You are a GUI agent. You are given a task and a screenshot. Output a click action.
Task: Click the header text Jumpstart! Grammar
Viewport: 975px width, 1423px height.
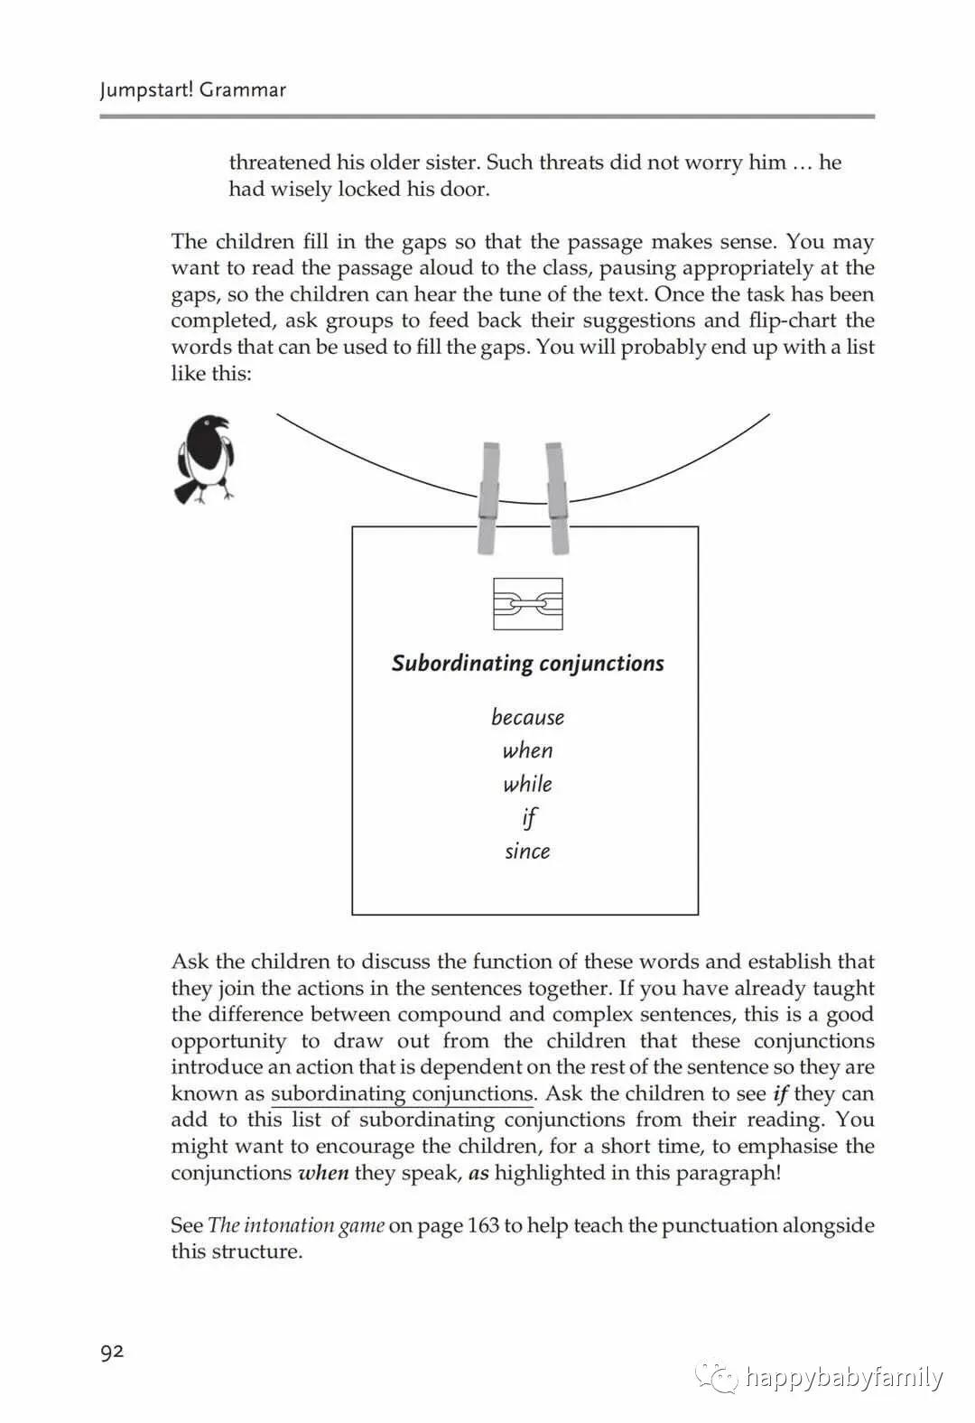tap(192, 90)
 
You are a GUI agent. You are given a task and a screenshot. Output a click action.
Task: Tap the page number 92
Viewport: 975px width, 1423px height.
tap(112, 1352)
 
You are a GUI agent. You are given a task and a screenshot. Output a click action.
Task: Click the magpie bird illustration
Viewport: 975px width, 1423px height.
tap(205, 459)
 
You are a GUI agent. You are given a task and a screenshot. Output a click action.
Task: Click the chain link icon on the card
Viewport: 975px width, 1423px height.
tap(528, 604)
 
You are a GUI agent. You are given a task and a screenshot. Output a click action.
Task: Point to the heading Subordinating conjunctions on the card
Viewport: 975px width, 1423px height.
tap(528, 664)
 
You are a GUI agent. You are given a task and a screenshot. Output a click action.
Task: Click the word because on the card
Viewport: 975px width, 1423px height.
tap(528, 718)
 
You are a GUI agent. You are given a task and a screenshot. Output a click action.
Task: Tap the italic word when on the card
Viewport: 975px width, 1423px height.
tap(528, 751)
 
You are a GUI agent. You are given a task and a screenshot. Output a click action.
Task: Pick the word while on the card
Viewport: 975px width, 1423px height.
tap(528, 785)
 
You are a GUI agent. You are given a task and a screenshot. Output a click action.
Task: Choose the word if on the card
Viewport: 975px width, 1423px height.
tap(529, 818)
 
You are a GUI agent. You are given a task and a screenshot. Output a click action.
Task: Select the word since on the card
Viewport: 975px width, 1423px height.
tap(528, 851)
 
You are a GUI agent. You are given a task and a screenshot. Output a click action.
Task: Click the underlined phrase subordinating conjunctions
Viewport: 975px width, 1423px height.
tap(403, 1094)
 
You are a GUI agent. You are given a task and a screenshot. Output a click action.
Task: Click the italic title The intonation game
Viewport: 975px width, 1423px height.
tap(296, 1226)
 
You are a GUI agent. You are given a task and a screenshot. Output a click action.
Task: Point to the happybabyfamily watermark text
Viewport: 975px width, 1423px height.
tap(844, 1378)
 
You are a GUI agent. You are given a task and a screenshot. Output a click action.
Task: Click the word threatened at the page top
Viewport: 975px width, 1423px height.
tap(280, 163)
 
